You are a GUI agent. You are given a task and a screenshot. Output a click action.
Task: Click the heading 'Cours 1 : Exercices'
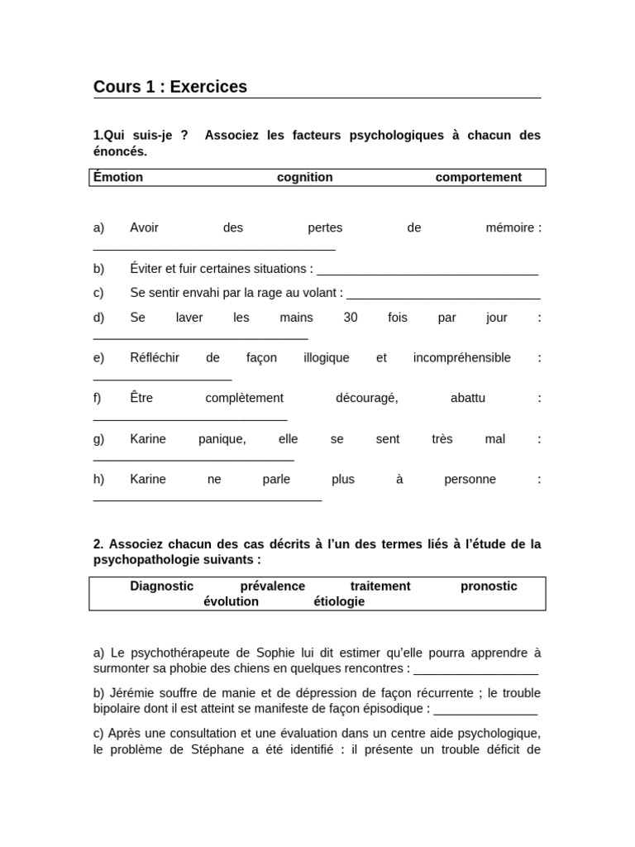click(170, 87)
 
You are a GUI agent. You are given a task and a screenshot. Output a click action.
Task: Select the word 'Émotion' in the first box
click(118, 177)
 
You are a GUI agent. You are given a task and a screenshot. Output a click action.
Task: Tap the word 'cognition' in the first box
click(304, 177)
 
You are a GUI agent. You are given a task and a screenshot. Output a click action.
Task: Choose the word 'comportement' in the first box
click(478, 177)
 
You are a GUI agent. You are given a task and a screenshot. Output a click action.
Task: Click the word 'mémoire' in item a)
click(511, 228)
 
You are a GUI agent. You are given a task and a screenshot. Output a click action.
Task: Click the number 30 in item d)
click(351, 318)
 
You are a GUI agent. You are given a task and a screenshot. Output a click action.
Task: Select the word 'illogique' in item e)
click(327, 358)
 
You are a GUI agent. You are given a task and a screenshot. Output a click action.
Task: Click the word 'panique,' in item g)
click(222, 439)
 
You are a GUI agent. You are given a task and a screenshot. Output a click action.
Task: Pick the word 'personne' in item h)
click(470, 480)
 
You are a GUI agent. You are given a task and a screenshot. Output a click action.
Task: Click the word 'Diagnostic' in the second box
click(162, 586)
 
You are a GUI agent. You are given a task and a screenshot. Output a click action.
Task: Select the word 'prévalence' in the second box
click(272, 586)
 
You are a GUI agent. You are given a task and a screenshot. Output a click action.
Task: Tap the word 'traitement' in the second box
click(380, 586)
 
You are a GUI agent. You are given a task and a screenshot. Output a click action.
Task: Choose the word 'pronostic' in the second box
click(489, 586)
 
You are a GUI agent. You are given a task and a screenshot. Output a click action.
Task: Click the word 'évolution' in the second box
click(231, 601)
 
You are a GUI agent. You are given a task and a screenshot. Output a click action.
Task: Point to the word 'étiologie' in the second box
click(339, 601)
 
